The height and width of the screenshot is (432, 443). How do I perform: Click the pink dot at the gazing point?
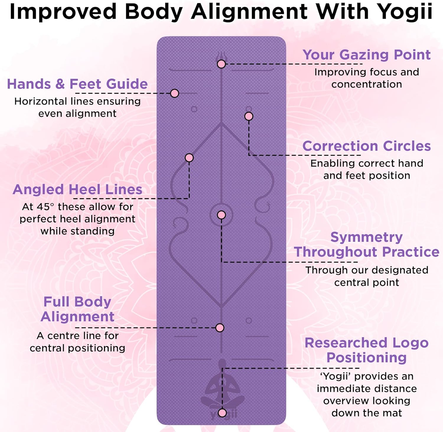click(221, 64)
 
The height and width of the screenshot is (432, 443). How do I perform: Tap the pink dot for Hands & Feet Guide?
click(175, 93)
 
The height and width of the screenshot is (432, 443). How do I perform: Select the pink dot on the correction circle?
click(249, 116)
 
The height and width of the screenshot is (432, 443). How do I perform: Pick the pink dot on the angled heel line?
click(189, 158)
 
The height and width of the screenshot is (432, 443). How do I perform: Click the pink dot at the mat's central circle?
click(221, 215)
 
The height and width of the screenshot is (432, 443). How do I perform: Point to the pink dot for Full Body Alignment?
click(220, 327)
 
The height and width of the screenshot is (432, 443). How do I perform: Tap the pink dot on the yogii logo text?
click(222, 413)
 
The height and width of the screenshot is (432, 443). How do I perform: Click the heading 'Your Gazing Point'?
click(367, 55)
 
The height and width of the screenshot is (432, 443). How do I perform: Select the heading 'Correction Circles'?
click(367, 146)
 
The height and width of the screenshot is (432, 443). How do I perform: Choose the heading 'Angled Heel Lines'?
click(77, 190)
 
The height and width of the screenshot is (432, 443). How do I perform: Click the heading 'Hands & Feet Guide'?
click(77, 84)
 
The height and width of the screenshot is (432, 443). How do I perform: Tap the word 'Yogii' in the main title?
click(405, 12)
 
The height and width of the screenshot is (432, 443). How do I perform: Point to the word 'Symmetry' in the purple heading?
click(366, 237)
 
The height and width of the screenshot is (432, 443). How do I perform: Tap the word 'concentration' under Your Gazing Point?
click(367, 84)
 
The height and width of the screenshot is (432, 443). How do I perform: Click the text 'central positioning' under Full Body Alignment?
click(77, 348)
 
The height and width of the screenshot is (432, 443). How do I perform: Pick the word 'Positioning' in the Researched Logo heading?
click(367, 358)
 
